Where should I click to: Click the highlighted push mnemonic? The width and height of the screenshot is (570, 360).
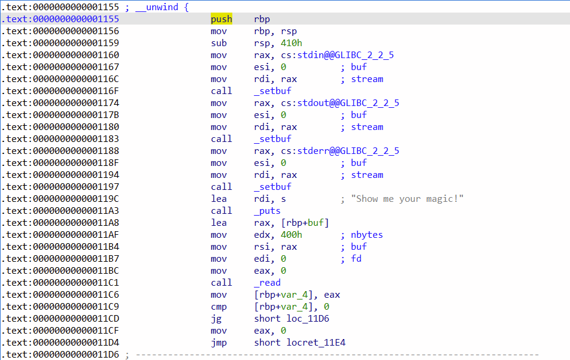[x=221, y=19]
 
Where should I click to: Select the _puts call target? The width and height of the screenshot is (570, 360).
[x=267, y=211]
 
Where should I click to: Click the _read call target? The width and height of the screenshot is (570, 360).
[x=267, y=283]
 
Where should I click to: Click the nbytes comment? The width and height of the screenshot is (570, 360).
[x=366, y=235]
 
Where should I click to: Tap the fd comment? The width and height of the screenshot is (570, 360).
[x=356, y=259]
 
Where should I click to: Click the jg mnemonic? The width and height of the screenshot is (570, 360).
[x=216, y=319]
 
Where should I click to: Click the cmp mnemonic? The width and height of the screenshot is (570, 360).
[x=219, y=307]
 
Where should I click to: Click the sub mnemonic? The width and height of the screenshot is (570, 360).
[x=219, y=43]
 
